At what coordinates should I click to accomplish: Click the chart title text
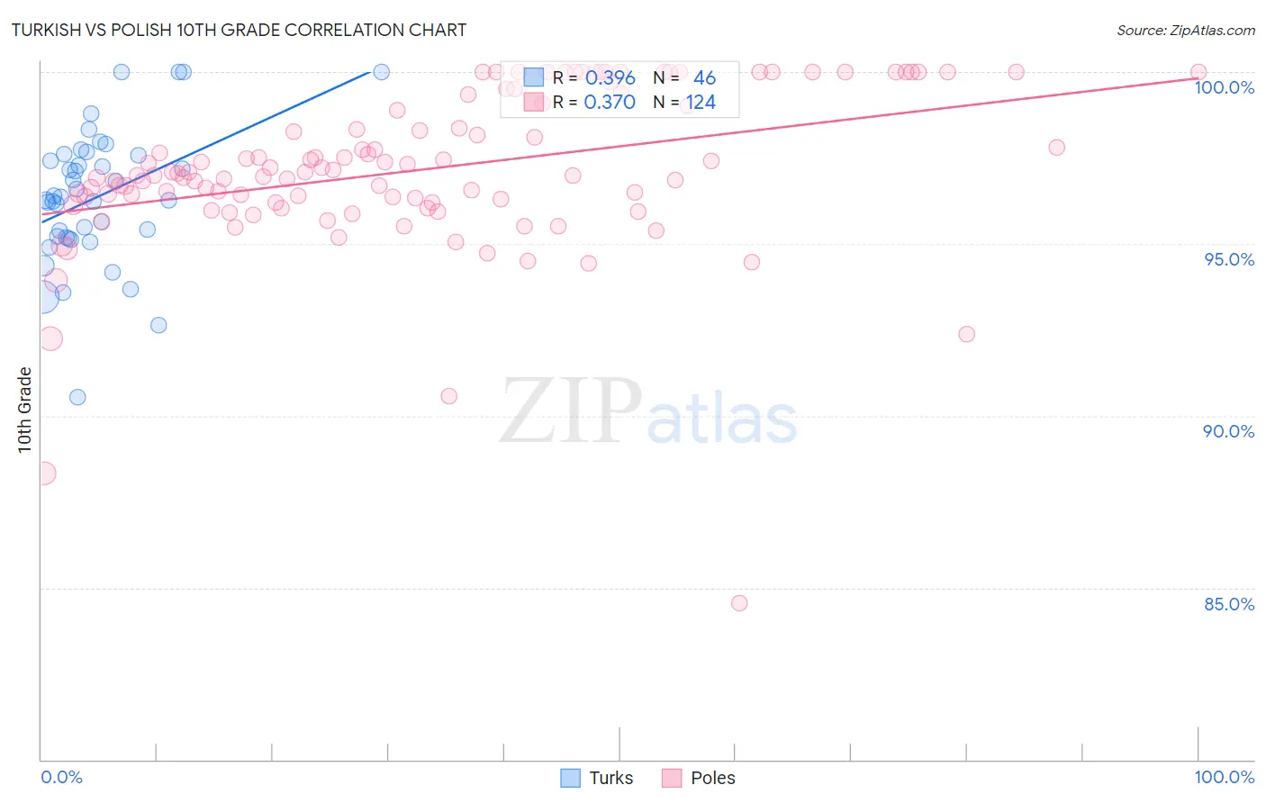click(x=239, y=30)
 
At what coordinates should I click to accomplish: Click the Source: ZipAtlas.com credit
click(x=1185, y=30)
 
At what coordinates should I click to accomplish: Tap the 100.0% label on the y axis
click(x=1224, y=87)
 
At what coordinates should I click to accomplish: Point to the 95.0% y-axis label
click(x=1229, y=259)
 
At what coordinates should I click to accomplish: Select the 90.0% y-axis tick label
click(x=1228, y=431)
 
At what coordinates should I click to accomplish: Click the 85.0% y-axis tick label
click(x=1229, y=604)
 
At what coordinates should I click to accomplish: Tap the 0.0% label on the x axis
click(x=61, y=777)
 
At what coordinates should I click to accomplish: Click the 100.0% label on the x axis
click(x=1224, y=777)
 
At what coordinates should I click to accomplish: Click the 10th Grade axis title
click(x=25, y=410)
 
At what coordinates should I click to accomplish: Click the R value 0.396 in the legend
click(x=610, y=78)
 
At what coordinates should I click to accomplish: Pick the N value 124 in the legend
click(x=701, y=103)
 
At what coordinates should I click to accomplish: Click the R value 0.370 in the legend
click(x=610, y=103)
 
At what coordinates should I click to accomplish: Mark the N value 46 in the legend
click(x=704, y=78)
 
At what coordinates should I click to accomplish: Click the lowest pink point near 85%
click(x=739, y=603)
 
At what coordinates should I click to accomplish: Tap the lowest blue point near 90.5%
click(x=77, y=397)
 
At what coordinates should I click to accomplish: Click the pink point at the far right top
click(x=1198, y=72)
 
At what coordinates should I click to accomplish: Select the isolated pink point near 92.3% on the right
click(x=966, y=334)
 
